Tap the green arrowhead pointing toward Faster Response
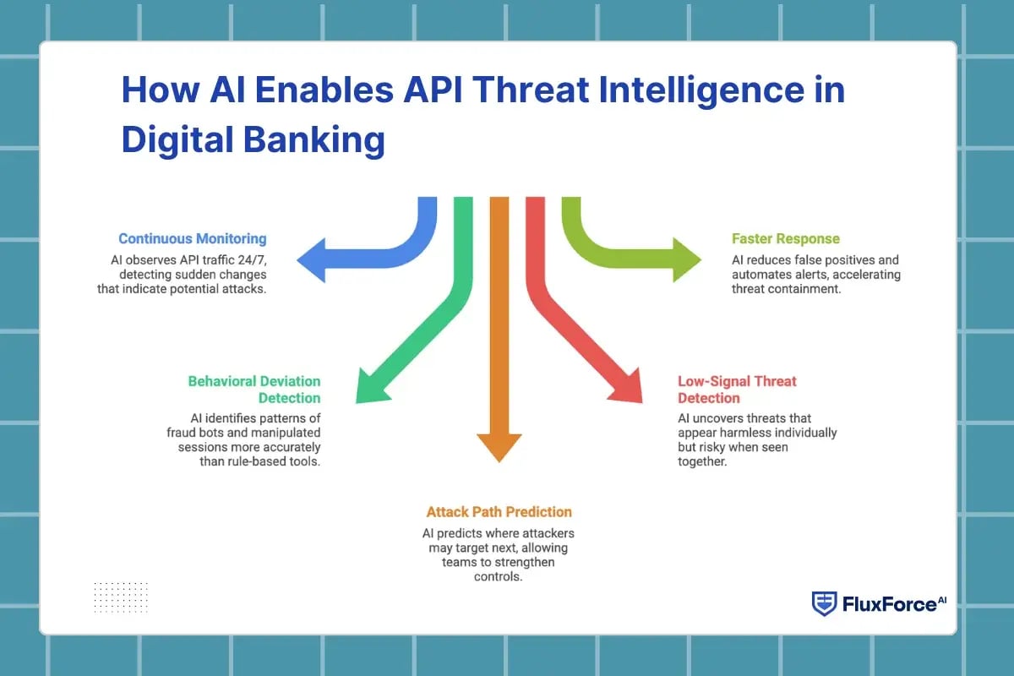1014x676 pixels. point(686,259)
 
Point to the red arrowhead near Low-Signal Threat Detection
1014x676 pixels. point(626,387)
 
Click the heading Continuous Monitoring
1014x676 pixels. point(192,238)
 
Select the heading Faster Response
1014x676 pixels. point(786,239)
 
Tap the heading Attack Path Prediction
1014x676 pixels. point(499,512)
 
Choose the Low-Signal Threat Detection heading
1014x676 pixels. point(737,390)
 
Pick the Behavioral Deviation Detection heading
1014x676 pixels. point(254,390)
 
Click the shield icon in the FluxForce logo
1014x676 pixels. point(824,603)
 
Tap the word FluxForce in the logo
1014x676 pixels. point(883,604)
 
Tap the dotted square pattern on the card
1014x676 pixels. point(121,597)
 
